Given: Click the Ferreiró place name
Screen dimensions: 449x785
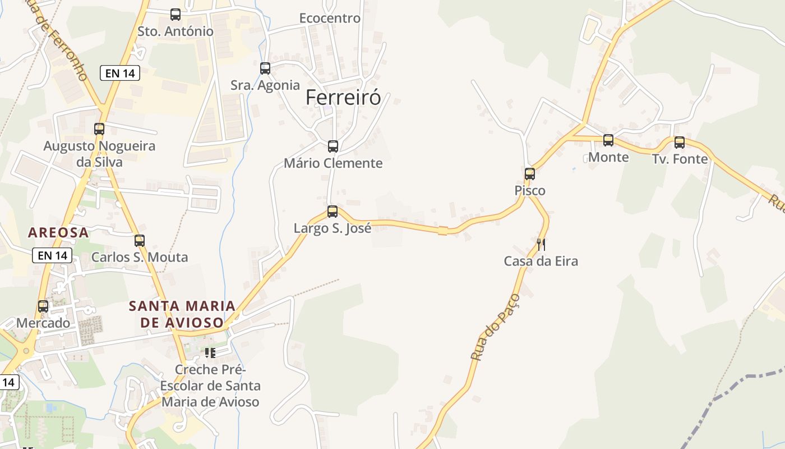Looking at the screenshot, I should pos(343,98).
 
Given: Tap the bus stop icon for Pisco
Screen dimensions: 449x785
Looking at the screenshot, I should pos(530,174).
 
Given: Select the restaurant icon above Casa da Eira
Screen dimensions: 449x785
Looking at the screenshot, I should pos(541,244).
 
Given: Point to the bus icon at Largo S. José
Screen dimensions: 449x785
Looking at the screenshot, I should pos(333,212).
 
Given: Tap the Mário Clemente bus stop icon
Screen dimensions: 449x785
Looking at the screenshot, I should pos(333,146).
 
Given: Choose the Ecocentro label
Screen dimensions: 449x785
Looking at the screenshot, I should pos(330,18).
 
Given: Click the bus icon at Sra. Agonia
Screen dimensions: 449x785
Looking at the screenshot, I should pos(265,68).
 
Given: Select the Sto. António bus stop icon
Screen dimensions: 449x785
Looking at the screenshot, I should pos(176,15).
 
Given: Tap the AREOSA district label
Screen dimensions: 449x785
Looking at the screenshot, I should pos(58,232).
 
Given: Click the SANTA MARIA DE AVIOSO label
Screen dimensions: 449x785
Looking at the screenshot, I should pos(182,314).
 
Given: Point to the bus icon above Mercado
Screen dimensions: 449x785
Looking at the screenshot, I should pos(43,306).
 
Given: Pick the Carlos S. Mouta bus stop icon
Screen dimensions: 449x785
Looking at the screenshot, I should pos(140,241).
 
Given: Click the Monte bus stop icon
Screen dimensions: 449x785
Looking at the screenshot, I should pos(608,140).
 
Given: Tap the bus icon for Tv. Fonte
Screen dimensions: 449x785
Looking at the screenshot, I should pos(680,143).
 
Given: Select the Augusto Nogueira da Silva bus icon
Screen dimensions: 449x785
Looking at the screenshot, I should pos(99,129).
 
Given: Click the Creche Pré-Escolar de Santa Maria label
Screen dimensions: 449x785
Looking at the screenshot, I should pos(210,386).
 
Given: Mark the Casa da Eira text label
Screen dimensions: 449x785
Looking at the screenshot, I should pos(541,261).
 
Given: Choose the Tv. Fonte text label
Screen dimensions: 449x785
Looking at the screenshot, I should pos(680,159).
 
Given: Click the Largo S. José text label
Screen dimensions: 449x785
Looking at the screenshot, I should pos(333,228).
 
